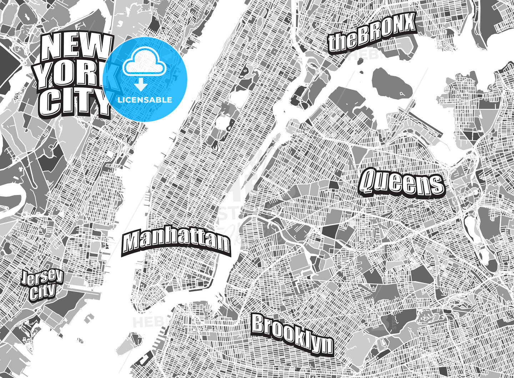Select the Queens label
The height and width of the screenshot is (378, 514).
[402, 183]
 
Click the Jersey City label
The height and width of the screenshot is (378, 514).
[42, 285]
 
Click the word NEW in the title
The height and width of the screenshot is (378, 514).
[75, 47]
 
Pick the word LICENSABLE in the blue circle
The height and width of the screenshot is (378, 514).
[145, 100]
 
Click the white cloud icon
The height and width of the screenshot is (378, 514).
[144, 64]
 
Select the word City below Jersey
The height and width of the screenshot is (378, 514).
[42, 293]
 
